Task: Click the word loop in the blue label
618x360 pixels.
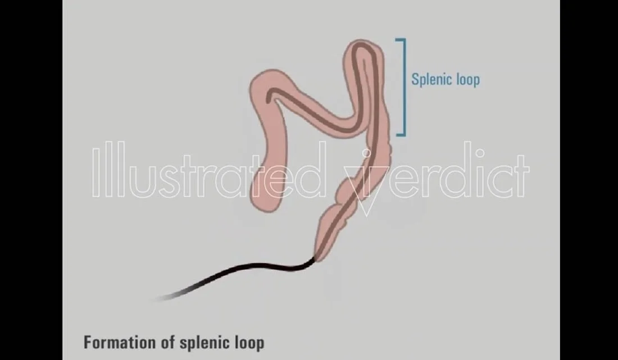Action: [466, 79]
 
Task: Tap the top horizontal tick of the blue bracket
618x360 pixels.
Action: [399, 40]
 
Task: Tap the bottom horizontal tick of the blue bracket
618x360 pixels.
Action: [399, 134]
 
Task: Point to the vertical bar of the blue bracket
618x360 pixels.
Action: [404, 87]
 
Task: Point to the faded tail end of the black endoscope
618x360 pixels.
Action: [160, 297]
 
